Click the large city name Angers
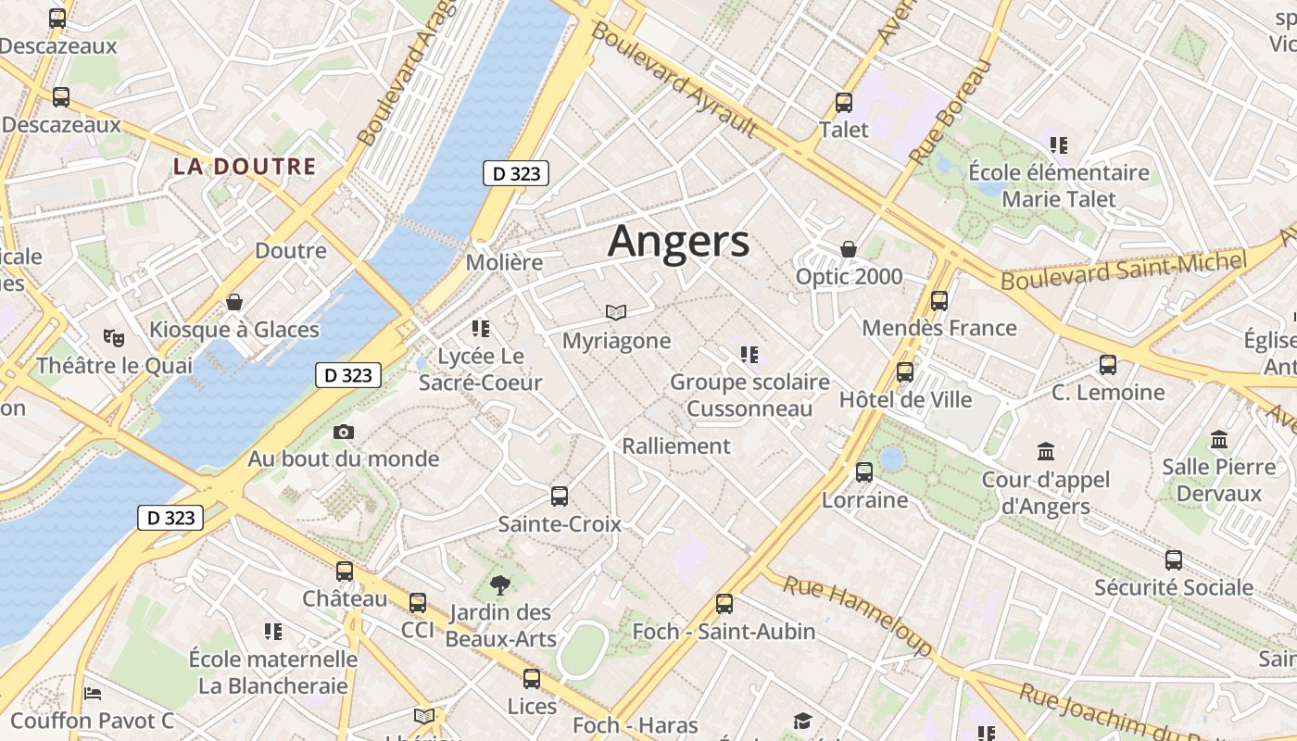pos(678,241)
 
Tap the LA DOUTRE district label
pos(245,167)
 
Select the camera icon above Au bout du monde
pos(344,433)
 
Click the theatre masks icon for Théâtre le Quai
pos(115,338)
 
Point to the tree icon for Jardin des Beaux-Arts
pos(500,585)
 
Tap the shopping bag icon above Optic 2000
pos(849,249)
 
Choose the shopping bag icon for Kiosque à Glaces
pos(234,302)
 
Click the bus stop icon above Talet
pos(844,103)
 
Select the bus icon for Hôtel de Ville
pos(905,372)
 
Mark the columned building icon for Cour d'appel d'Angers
pos(1046,452)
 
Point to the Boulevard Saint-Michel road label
pos(1125,270)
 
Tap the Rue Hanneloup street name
pos(858,615)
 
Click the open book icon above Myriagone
pos(616,313)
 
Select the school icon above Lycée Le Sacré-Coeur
pos(480,328)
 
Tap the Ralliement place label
pos(676,446)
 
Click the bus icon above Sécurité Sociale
pos(1174,560)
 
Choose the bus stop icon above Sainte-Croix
pos(560,496)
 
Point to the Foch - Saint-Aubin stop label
pos(724,632)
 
